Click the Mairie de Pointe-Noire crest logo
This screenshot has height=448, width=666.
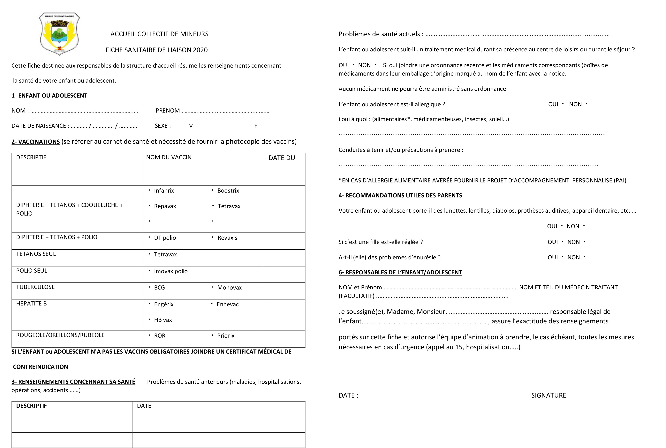click(x=59, y=33)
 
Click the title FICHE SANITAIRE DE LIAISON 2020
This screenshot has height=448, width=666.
click(x=156, y=50)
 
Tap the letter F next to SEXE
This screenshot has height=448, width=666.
click(x=256, y=126)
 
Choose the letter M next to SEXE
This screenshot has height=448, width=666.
click(x=191, y=126)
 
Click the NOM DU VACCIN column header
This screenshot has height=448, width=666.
click(x=169, y=158)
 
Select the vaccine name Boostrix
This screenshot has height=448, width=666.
click(x=228, y=191)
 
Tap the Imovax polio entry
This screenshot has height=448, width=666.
click(x=171, y=271)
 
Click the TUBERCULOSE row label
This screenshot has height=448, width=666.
click(x=35, y=287)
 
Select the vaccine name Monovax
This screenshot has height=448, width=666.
click(x=229, y=288)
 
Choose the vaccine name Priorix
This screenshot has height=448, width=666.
click(x=226, y=336)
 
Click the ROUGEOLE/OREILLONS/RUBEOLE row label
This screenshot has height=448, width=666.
click(x=60, y=335)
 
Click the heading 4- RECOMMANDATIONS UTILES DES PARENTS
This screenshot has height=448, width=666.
click(x=400, y=195)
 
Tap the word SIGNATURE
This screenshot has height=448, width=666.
click(x=549, y=395)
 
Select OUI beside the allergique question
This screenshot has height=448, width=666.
click(x=553, y=105)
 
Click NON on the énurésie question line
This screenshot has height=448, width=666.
click(x=573, y=257)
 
